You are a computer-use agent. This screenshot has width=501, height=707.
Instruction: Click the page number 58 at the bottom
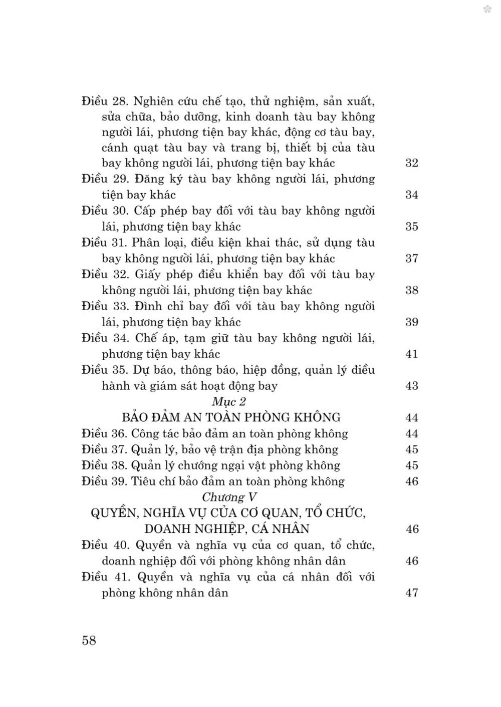[x=89, y=640]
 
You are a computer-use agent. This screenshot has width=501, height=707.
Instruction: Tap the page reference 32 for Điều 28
[x=411, y=163]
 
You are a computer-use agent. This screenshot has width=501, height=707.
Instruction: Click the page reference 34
[x=411, y=195]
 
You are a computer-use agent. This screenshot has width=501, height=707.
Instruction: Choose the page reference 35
[x=411, y=227]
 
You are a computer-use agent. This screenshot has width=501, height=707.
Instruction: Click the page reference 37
[x=411, y=259]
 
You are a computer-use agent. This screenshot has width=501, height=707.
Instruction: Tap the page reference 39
[x=411, y=322]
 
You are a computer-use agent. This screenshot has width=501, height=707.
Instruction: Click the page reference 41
[x=411, y=354]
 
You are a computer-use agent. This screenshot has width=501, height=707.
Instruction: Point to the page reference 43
[x=411, y=386]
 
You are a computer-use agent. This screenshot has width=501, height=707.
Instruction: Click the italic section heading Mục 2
[x=229, y=401]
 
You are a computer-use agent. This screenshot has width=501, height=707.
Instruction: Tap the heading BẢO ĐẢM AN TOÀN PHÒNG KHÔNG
[x=231, y=417]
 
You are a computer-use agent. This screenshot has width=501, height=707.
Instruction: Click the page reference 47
[x=411, y=593]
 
